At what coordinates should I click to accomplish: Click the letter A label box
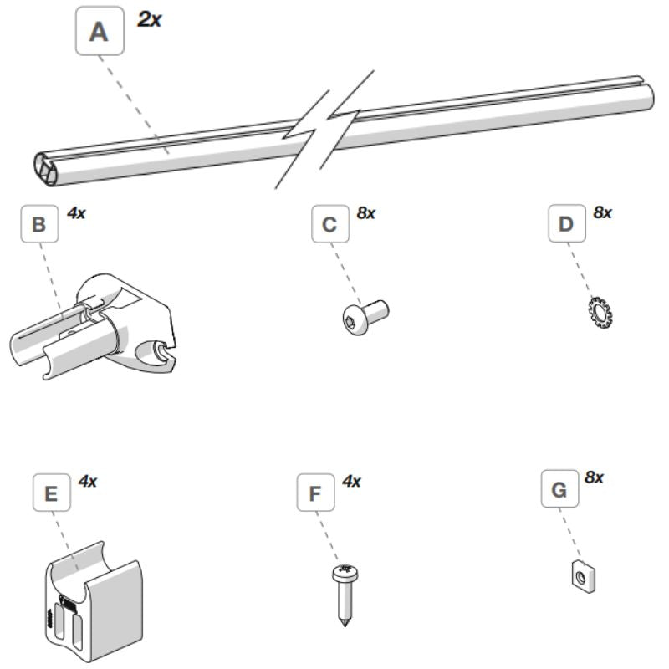pyautogui.click(x=100, y=32)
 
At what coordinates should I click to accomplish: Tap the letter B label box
pyautogui.click(x=38, y=225)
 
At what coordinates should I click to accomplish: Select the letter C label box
pyautogui.click(x=329, y=224)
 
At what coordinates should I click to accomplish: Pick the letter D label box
pyautogui.click(x=566, y=224)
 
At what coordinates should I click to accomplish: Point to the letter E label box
pyautogui.click(x=51, y=494)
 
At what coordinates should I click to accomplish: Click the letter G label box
pyautogui.click(x=560, y=491)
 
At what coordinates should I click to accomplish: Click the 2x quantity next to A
pyautogui.click(x=150, y=19)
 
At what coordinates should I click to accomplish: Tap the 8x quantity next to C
pyautogui.click(x=365, y=213)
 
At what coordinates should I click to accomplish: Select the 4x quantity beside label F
pyautogui.click(x=352, y=482)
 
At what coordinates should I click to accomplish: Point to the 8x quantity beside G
pyautogui.click(x=595, y=478)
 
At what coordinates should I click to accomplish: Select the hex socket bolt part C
pyautogui.click(x=365, y=317)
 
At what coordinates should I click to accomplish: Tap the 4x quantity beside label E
pyautogui.click(x=88, y=482)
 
